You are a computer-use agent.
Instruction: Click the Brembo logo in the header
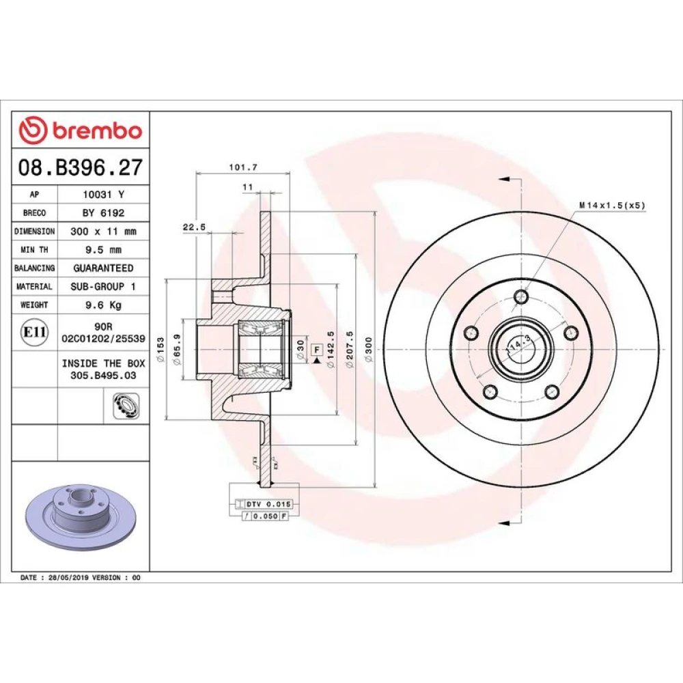[81, 130]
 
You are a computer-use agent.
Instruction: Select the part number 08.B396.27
[81, 168]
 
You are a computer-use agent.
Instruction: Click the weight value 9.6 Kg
[103, 305]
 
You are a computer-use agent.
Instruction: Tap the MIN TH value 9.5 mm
[103, 250]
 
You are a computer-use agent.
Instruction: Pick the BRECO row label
[34, 213]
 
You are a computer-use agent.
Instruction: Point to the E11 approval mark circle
[34, 333]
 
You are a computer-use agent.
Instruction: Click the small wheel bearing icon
[126, 406]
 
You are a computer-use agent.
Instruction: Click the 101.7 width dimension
[243, 167]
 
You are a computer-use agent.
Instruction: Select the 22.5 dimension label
[194, 227]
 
